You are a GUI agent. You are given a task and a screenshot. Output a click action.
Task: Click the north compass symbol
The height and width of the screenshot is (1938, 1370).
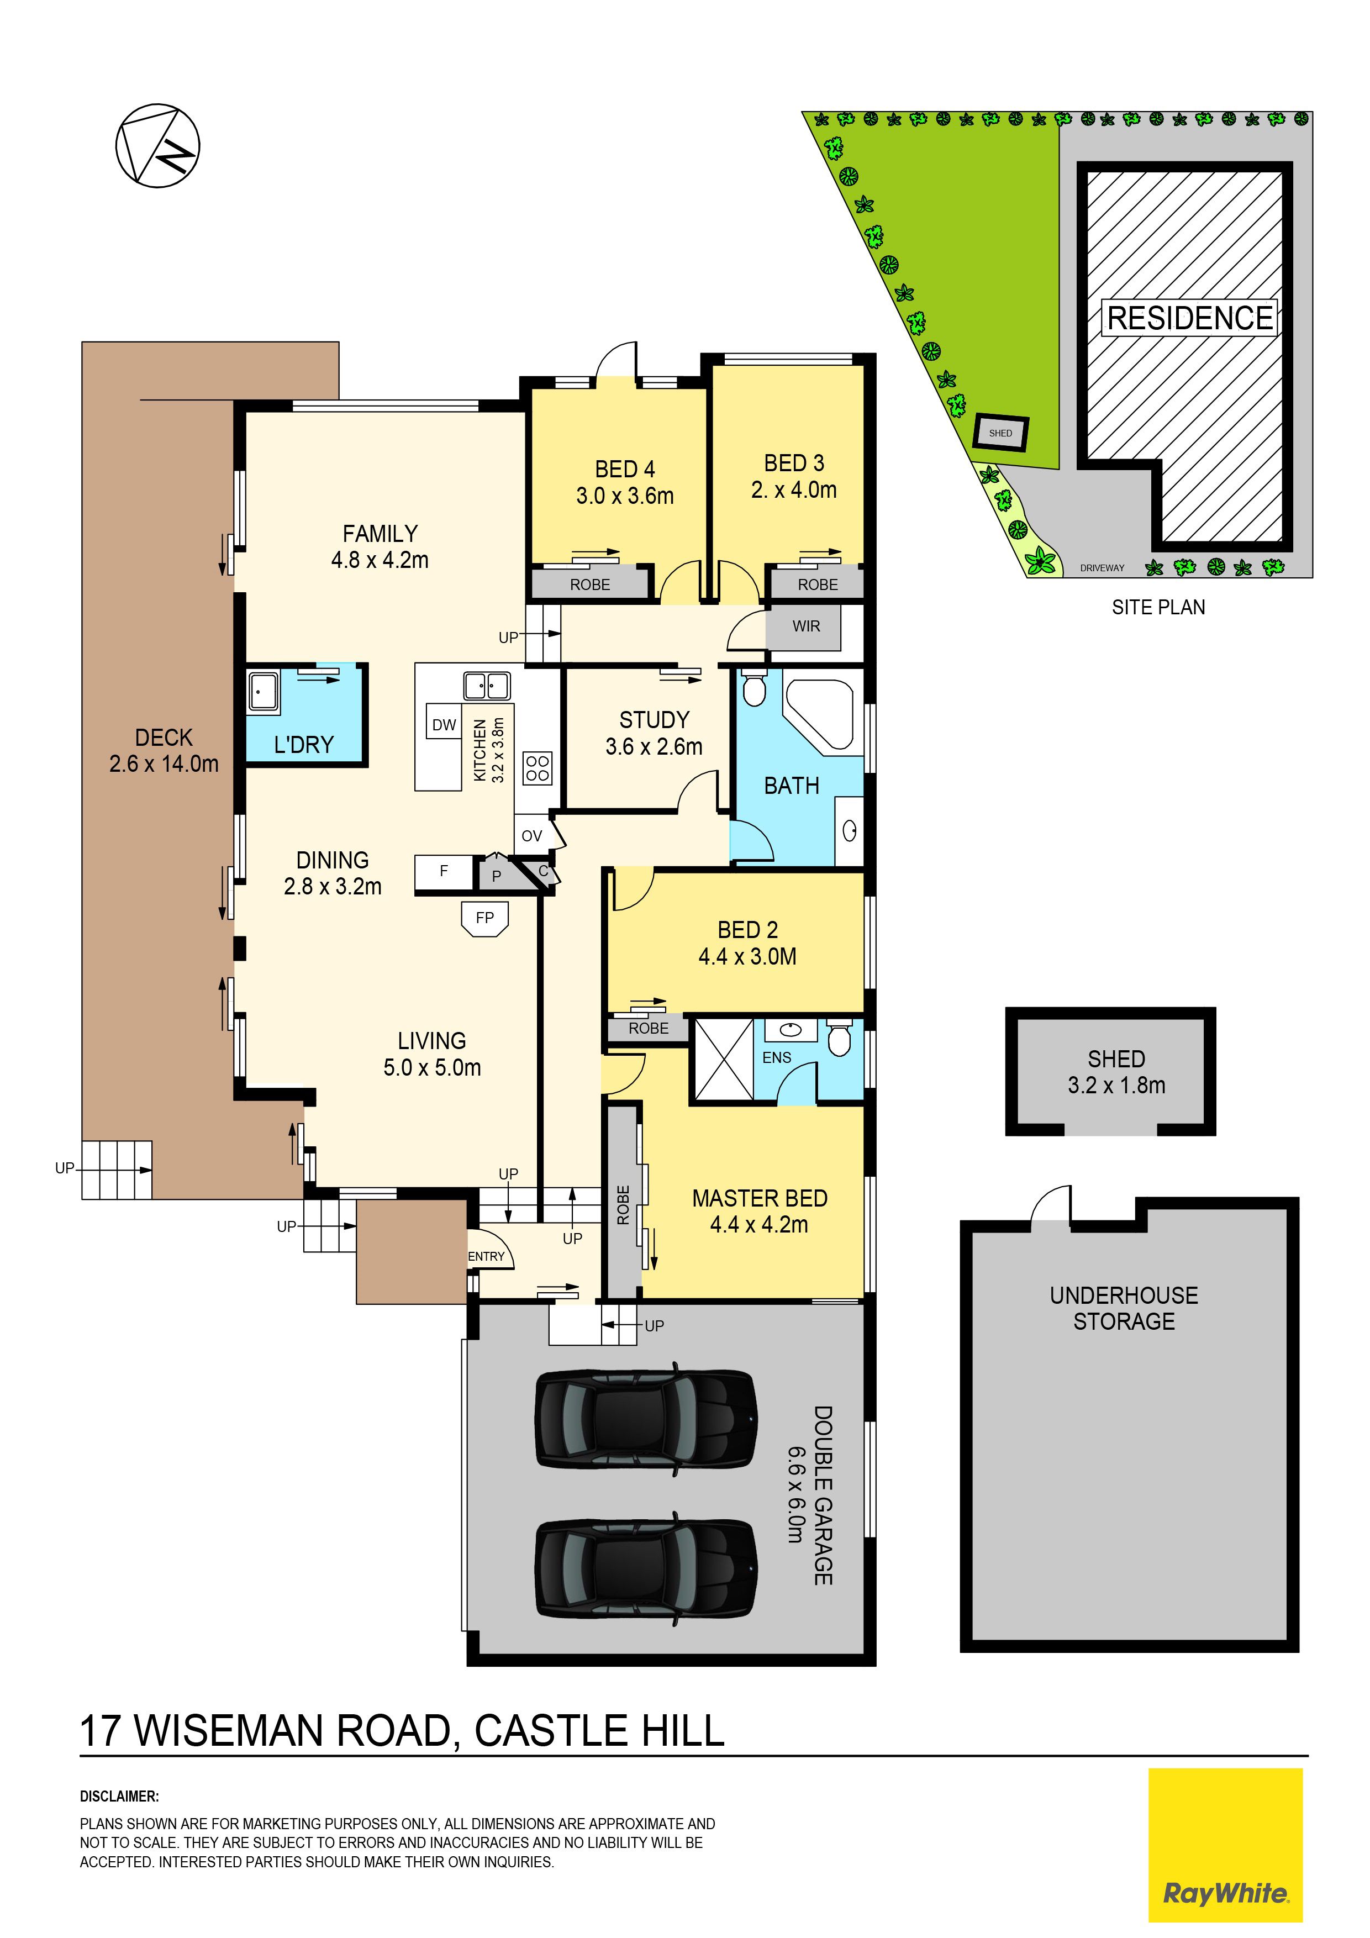158,146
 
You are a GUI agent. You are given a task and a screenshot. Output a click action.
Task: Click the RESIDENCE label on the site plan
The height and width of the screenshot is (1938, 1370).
1189,318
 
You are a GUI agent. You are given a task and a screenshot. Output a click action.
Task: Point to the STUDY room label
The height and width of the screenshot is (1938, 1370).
654,720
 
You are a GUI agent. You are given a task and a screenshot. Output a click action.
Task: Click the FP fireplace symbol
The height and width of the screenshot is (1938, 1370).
484,918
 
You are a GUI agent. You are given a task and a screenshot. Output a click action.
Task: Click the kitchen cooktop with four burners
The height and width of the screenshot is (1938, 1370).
538,768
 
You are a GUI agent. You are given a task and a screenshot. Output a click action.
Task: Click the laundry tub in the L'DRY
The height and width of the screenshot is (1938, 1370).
264,693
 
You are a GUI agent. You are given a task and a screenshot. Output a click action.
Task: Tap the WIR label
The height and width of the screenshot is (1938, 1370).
806,626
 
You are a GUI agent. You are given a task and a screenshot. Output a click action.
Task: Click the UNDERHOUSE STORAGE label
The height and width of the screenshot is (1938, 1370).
1124,1308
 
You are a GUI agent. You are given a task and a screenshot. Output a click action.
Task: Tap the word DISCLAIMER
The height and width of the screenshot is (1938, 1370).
119,1797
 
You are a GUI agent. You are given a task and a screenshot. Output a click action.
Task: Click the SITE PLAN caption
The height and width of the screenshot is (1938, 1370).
1158,607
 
